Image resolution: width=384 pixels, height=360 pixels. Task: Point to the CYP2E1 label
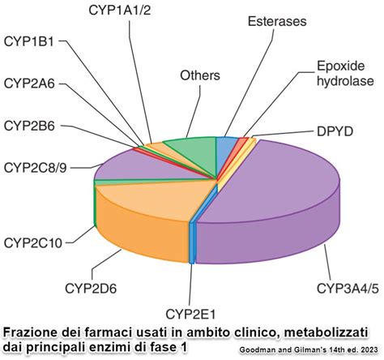click(191, 314)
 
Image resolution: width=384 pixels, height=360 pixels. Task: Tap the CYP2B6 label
click(29, 126)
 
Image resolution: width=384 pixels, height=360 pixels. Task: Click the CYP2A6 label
click(29, 83)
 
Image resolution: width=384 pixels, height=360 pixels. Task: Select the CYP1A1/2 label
click(120, 9)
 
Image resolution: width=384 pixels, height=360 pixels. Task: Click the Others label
click(200, 76)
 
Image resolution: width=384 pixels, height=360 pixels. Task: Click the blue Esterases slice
click(227, 147)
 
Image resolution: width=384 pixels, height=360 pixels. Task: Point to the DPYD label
click(333, 131)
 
